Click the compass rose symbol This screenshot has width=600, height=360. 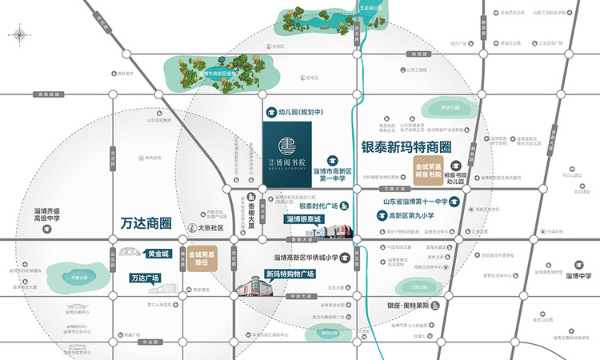tap(18, 34)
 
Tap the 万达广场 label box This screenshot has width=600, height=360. tap(144, 278)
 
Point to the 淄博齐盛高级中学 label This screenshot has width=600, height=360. tap(48, 214)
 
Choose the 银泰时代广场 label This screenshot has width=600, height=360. tap(318, 205)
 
